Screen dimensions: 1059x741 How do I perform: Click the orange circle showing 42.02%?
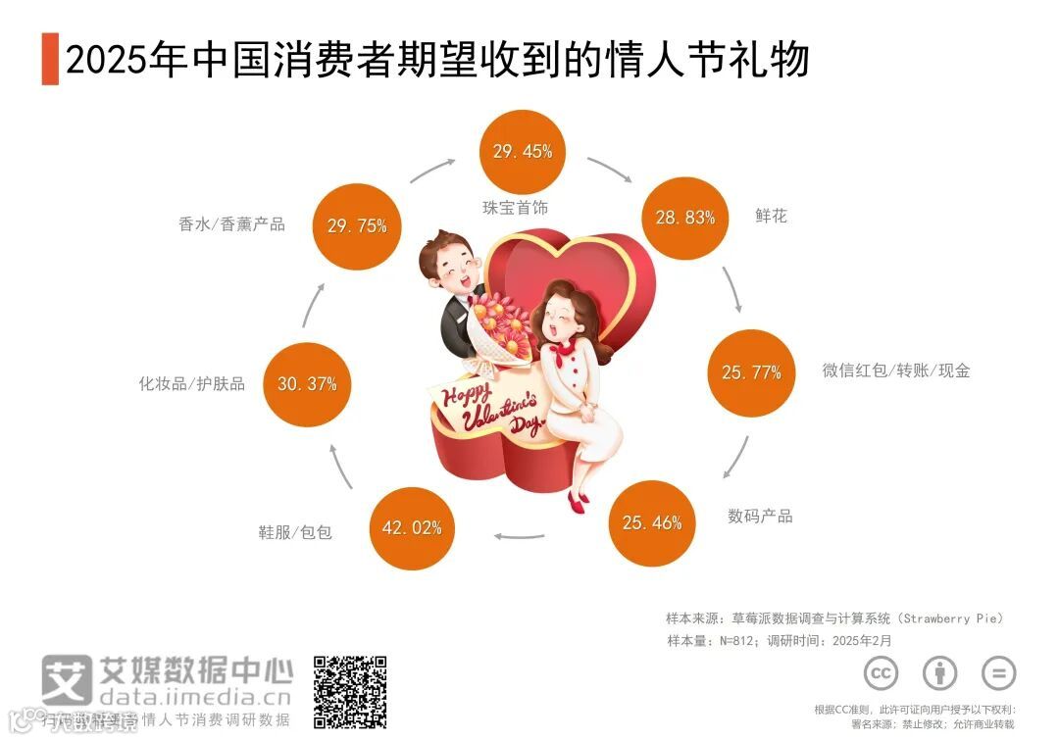tap(412, 527)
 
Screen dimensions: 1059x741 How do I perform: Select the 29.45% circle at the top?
tap(523, 151)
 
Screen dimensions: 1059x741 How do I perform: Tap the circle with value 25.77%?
tap(751, 372)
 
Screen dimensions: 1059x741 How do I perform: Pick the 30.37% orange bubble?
tap(307, 383)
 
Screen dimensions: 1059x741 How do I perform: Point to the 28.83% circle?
tap(685, 218)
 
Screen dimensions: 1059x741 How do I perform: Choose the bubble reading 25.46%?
tap(652, 522)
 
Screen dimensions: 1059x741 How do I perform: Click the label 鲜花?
tap(771, 216)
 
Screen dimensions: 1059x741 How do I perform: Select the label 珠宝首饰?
tap(516, 208)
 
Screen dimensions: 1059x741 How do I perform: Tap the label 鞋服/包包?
tap(295, 532)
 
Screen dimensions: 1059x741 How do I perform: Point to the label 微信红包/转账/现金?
tap(895, 370)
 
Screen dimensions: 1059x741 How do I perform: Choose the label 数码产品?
tap(760, 516)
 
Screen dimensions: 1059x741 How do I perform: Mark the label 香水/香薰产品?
tap(231, 223)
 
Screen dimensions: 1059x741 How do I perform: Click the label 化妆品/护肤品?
tap(192, 383)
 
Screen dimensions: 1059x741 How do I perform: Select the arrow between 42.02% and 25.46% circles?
tap(519, 535)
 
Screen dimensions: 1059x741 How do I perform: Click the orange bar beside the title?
tap(50, 60)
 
